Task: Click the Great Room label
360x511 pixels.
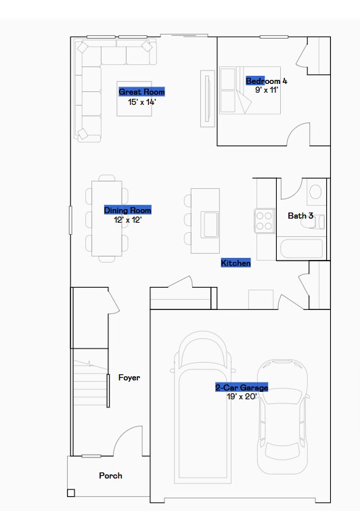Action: (141, 92)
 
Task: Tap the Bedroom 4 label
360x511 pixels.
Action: (266, 81)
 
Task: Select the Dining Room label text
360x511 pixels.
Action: (127, 210)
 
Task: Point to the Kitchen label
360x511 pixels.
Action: (235, 263)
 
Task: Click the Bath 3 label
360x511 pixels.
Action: (300, 216)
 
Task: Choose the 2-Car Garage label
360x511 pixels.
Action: (242, 388)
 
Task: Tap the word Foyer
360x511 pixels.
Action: (129, 378)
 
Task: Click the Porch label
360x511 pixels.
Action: (110, 476)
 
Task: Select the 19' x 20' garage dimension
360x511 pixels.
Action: (242, 397)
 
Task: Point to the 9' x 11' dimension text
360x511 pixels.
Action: (267, 89)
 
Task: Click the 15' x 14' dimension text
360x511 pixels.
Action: (141, 101)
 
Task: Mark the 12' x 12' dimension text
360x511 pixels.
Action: (127, 219)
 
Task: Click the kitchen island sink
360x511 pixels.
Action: (209, 221)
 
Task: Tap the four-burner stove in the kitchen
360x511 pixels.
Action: (263, 220)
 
